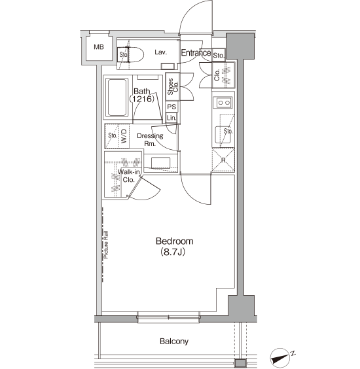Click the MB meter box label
(99, 47)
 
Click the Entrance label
(196, 53)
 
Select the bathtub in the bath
(117, 97)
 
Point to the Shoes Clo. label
(173, 86)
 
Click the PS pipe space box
(171, 107)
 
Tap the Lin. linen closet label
(171, 118)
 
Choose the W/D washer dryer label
(124, 136)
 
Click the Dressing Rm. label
(150, 139)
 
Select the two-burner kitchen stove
(223, 103)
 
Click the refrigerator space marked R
(223, 160)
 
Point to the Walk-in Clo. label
(128, 176)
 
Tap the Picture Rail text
(106, 245)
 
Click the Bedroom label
(175, 241)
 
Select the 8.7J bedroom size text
(173, 252)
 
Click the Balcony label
(174, 342)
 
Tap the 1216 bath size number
(141, 99)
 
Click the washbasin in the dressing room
(160, 163)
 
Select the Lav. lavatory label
(161, 52)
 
